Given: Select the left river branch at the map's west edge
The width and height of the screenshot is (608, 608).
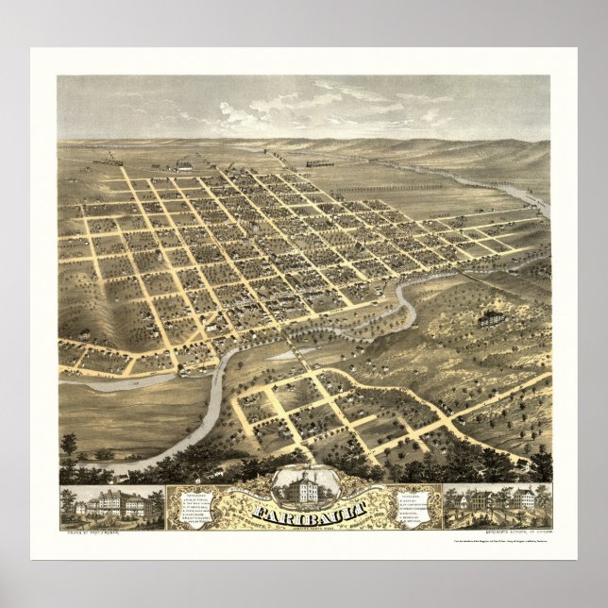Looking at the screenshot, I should click(x=85, y=384).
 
